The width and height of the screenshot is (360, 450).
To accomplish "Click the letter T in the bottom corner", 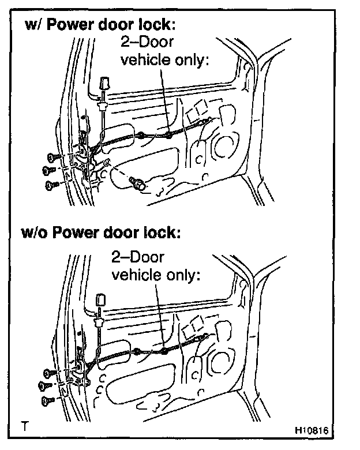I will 24,427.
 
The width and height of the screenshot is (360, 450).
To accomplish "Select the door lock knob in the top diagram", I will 105,84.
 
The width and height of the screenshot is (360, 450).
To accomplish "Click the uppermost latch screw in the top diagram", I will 52,156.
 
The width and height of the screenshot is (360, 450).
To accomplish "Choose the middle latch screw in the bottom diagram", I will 44,385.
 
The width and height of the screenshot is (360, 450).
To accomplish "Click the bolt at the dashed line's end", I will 138,184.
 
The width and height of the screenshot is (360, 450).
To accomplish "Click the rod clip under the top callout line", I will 168,135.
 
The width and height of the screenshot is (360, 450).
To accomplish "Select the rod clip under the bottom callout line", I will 164,350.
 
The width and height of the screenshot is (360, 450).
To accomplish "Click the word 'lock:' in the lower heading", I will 163,233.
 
